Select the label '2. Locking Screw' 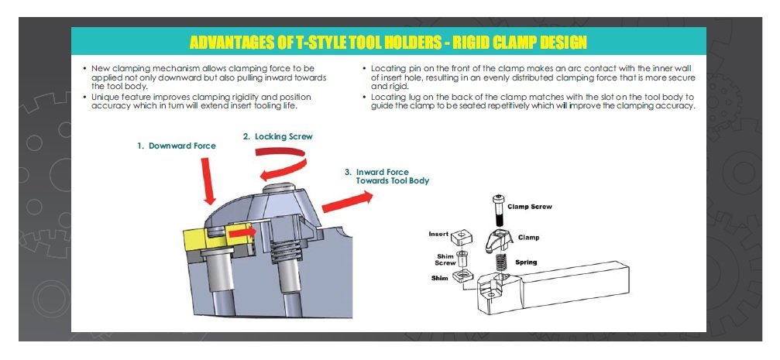[277, 136]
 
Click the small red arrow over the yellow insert [242, 231]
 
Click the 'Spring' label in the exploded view [525, 262]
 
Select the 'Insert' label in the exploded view [438, 233]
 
